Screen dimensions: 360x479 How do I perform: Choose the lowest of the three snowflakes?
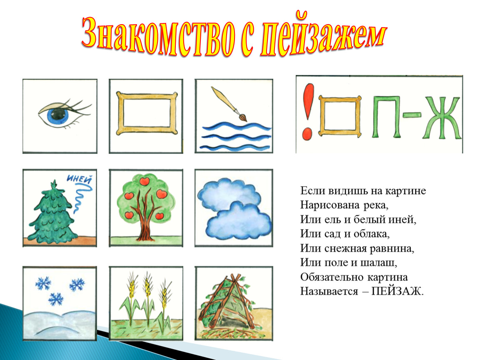point(55,298)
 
